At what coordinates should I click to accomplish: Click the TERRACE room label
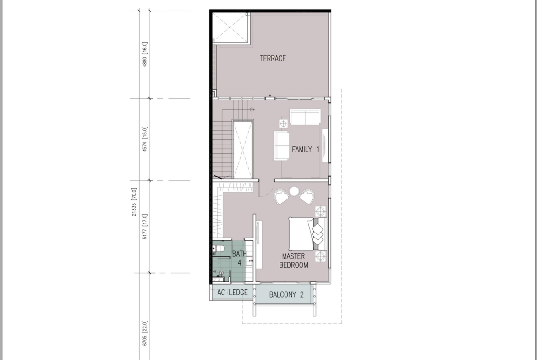tap(273, 59)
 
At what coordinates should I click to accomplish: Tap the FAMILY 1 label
tap(306, 149)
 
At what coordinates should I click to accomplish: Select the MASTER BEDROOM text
tap(293, 260)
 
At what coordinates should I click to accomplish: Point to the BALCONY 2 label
tap(286, 294)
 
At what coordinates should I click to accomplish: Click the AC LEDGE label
tap(232, 293)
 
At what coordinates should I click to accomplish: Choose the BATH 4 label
tap(239, 258)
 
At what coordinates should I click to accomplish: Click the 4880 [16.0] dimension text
tap(145, 55)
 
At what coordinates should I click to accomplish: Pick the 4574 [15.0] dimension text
tap(145, 139)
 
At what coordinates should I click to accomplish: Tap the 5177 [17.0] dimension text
tap(145, 227)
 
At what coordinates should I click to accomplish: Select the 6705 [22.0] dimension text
tap(145, 333)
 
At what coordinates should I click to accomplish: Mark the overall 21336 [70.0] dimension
tap(134, 202)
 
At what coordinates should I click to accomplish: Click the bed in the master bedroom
tap(308, 234)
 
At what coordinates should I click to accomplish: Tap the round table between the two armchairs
tap(294, 191)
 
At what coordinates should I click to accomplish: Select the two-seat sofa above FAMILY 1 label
tap(305, 117)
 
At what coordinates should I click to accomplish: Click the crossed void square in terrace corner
tap(231, 28)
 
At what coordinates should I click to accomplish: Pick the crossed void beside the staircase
tap(242, 150)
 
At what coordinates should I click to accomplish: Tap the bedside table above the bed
tap(320, 211)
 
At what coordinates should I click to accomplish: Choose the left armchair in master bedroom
tap(281, 197)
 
